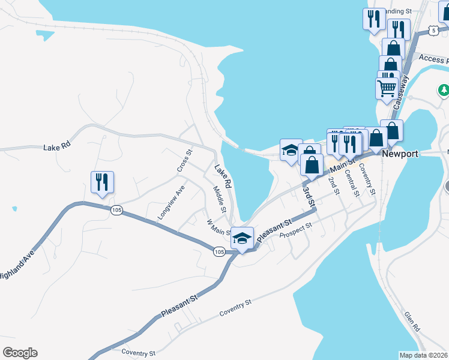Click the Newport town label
coord(400,154)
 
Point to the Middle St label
coord(218,199)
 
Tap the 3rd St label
coord(309,197)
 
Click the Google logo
coord(20,353)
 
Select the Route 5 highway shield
coord(433,30)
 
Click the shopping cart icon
coord(387,88)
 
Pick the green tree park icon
coord(444,90)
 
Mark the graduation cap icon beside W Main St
coord(242,238)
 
